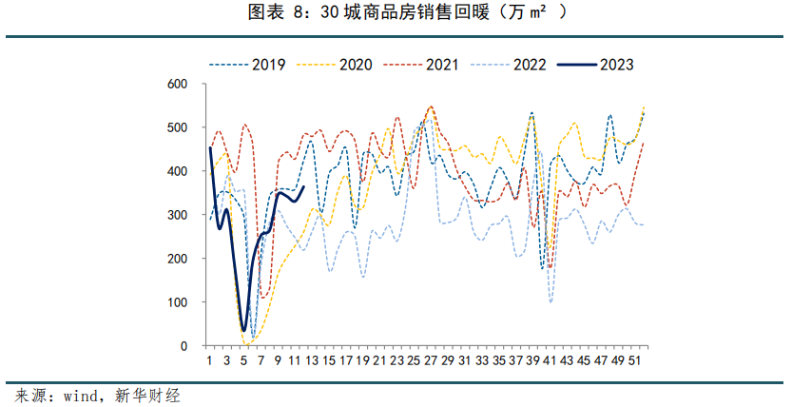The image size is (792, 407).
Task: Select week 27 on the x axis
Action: (x=430, y=361)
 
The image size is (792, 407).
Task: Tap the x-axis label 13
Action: (x=312, y=361)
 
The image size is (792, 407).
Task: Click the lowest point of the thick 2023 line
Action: (x=244, y=330)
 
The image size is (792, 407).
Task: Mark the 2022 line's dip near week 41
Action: (x=551, y=302)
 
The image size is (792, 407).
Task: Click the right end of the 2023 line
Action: (x=303, y=187)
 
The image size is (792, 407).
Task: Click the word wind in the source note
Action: (x=87, y=395)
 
